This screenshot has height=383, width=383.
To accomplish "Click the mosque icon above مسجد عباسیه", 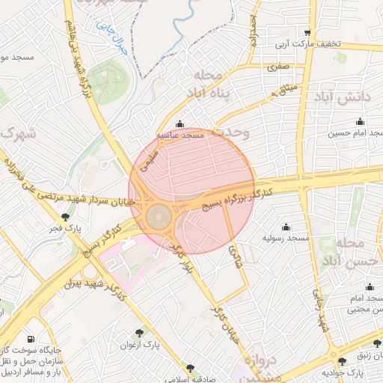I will click(x=179, y=124).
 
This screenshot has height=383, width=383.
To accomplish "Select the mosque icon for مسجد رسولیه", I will click(x=286, y=227).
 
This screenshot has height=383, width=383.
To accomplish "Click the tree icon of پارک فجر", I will click(x=65, y=217).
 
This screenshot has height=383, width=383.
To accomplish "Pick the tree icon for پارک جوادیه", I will click(x=343, y=361).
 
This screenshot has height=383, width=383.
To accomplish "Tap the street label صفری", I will click(x=278, y=66).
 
